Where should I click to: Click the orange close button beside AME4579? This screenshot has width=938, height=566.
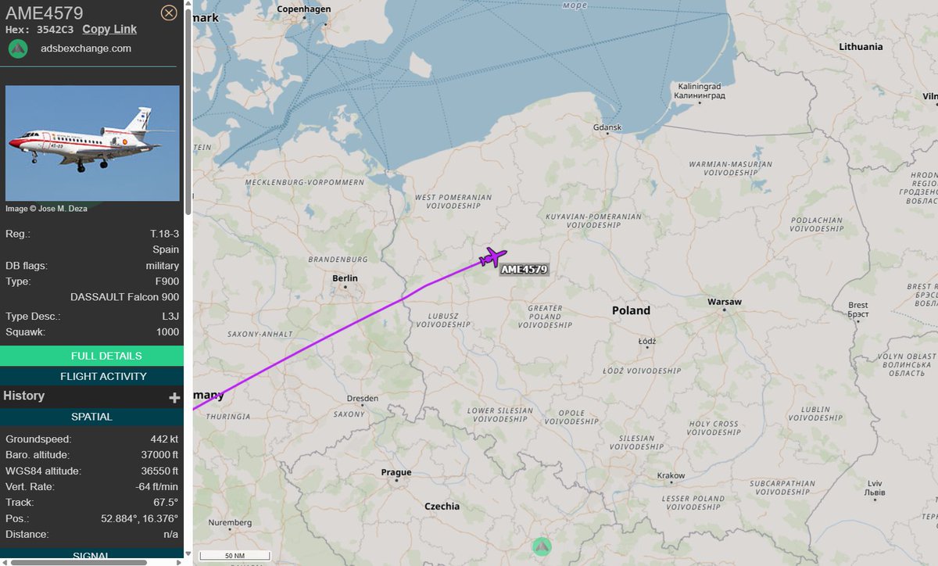(168, 13)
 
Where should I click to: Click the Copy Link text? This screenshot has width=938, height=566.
(109, 29)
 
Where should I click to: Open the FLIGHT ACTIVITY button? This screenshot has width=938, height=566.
(91, 376)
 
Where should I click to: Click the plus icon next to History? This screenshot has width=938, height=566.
(174, 397)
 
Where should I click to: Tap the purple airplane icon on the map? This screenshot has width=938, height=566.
(492, 256)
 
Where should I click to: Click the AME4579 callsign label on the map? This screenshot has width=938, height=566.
(524, 270)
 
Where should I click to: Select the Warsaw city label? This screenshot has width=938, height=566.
(724, 302)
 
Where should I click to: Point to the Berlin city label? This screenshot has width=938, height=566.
(345, 278)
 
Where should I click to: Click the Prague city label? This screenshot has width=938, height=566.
(396, 472)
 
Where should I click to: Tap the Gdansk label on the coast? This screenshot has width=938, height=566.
(607, 127)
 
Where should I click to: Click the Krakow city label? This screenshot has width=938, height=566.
(671, 475)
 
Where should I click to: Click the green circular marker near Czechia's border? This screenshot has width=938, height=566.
(542, 546)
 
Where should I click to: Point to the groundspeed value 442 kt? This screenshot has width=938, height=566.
(164, 439)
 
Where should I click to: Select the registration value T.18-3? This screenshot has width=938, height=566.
(164, 234)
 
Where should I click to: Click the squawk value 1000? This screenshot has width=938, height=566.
(167, 332)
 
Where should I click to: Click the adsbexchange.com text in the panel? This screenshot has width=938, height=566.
(86, 48)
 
